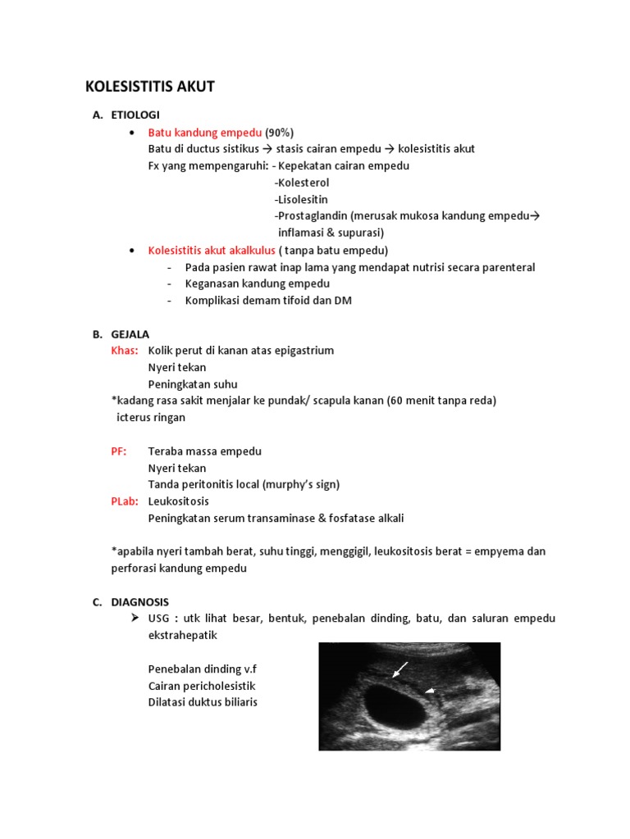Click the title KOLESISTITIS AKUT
pyautogui.click(x=150, y=86)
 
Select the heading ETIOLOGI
pyautogui.click(x=135, y=115)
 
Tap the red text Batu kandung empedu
pyautogui.click(x=205, y=132)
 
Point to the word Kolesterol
pyautogui.click(x=302, y=183)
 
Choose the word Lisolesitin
pyautogui.click(x=301, y=199)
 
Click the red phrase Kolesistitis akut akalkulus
pyautogui.click(x=212, y=250)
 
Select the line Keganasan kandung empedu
pyautogui.click(x=258, y=283)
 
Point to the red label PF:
pyautogui.click(x=119, y=451)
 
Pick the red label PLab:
pyautogui.click(x=124, y=501)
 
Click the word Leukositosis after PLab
pyautogui.click(x=179, y=501)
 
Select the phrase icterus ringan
pyautogui.click(x=151, y=417)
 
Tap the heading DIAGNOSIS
pyautogui.click(x=140, y=601)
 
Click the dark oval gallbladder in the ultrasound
pyautogui.click(x=392, y=704)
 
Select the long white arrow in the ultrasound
pyautogui.click(x=400, y=670)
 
